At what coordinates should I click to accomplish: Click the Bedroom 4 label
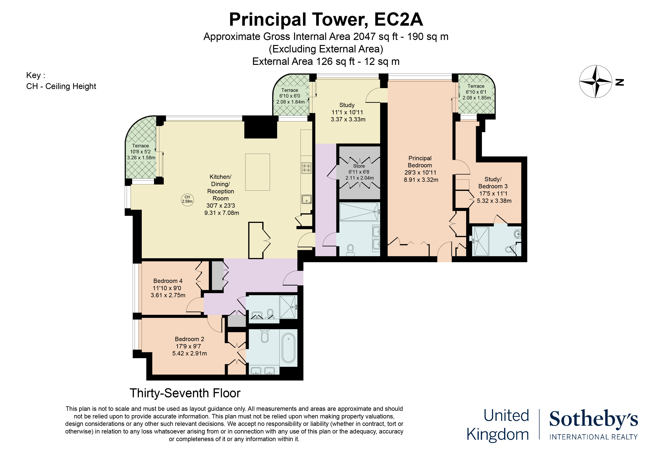[x=168, y=281]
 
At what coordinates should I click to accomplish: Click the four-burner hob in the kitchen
[x=306, y=168]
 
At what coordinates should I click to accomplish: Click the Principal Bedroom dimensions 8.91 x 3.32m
[x=421, y=180]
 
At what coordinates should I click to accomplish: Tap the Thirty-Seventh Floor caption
[x=185, y=393]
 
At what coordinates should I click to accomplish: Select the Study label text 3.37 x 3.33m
[x=348, y=119]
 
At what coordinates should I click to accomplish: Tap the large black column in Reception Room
[x=260, y=128]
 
